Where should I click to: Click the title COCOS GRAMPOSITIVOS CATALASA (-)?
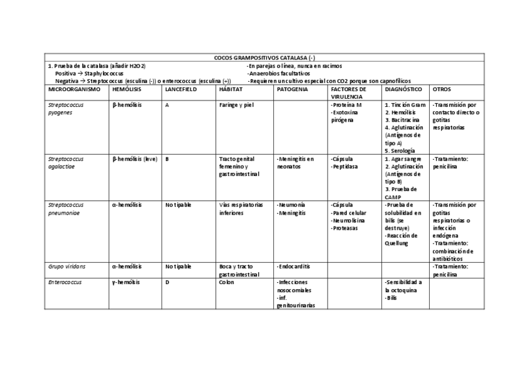[x=264, y=57]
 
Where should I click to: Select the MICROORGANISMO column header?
[x=74, y=89]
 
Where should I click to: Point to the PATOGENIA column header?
[x=292, y=89]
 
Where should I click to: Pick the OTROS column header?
[x=442, y=89]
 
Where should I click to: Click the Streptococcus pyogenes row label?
[x=66, y=109]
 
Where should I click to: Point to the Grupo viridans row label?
[x=67, y=266]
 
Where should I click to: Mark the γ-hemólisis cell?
[x=126, y=282]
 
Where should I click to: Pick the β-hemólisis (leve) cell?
[x=135, y=159]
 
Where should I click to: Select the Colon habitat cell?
[x=226, y=282]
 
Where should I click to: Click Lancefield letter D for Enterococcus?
[x=167, y=282]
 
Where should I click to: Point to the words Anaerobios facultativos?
[x=279, y=73]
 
